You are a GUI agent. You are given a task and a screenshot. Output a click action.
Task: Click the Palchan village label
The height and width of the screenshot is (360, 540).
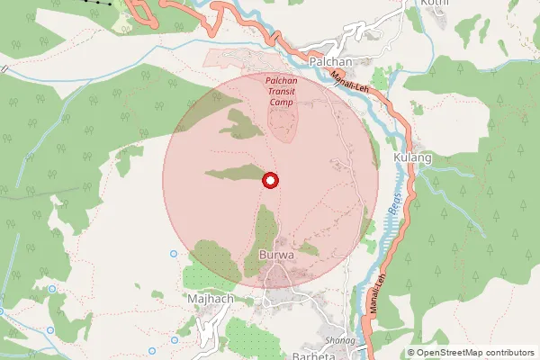pyautogui.click(x=328, y=60)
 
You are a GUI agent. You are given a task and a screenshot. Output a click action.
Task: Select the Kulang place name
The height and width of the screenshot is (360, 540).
pyautogui.click(x=413, y=157)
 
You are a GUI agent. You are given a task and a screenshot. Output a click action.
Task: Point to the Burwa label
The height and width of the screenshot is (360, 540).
pyautogui.click(x=275, y=256)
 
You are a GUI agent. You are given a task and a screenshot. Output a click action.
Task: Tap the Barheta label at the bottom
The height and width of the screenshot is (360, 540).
pyautogui.click(x=314, y=355)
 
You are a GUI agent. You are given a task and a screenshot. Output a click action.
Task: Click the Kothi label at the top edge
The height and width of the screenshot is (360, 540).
pyautogui.click(x=435, y=3)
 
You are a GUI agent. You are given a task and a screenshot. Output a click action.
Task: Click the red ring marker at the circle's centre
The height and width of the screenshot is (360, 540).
pyautogui.click(x=270, y=180)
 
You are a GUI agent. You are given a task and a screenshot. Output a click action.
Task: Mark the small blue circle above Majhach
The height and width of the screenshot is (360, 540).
pyautogui.click(x=174, y=254)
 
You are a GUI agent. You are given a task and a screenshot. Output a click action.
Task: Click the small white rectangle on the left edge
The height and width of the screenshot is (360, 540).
pyautogui.click(x=4, y=68)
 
